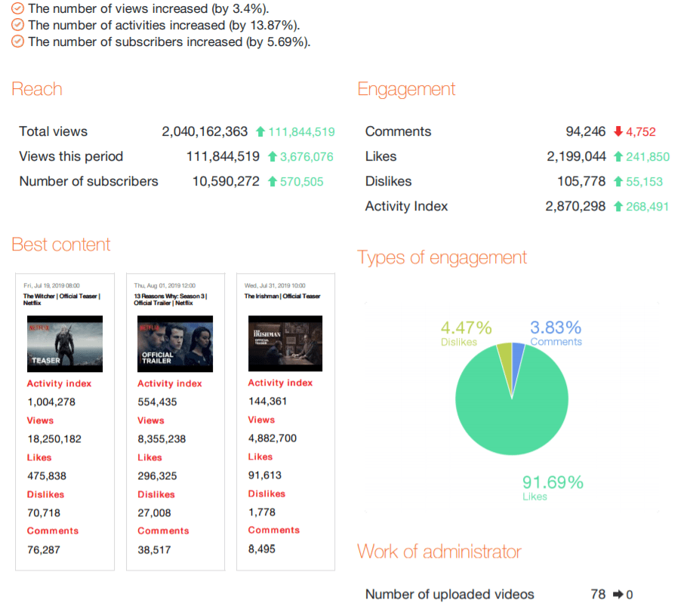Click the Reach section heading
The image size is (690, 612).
click(37, 89)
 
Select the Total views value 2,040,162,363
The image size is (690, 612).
click(205, 131)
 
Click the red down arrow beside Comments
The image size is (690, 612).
click(618, 131)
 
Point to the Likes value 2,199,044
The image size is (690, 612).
click(576, 156)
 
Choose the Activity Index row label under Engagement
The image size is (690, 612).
click(406, 206)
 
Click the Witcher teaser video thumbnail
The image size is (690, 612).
click(65, 343)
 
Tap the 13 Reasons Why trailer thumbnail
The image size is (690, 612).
click(175, 343)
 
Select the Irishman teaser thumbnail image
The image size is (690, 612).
click(285, 343)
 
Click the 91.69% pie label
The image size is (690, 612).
click(553, 482)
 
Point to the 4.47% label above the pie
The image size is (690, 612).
click(467, 328)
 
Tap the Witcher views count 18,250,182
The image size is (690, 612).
click(54, 438)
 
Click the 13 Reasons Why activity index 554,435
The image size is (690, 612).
click(157, 401)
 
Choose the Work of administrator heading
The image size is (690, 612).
click(439, 552)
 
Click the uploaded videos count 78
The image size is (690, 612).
click(598, 594)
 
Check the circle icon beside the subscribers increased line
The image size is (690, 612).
click(18, 42)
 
